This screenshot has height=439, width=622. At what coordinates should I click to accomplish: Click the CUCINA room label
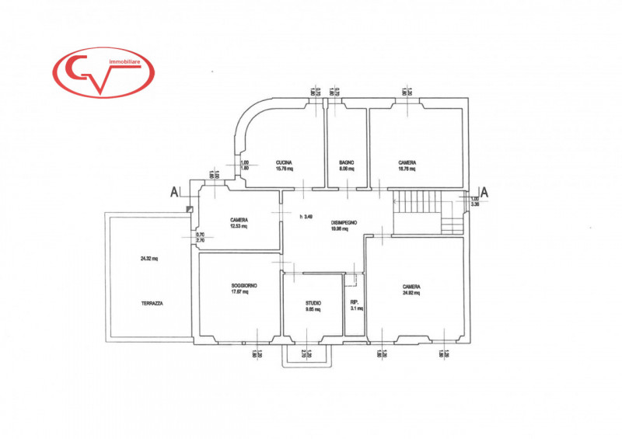pos(283,162)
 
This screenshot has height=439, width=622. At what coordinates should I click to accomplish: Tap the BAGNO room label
pos(347,162)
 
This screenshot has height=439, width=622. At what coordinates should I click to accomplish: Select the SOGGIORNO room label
pos(244,285)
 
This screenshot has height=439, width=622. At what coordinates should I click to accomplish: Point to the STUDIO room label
pos(313,303)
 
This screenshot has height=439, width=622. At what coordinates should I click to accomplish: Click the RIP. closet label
pos(354,303)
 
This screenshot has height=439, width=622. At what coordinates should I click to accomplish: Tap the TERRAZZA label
pos(152,303)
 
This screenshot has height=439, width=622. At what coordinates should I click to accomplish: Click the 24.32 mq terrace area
pos(149,259)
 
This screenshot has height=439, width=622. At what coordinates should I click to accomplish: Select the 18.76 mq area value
pos(407,169)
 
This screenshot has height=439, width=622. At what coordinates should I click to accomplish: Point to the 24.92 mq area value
pos(411,293)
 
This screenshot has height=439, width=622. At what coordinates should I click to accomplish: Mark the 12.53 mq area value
pos(239,227)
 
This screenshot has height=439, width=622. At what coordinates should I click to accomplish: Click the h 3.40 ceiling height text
pos(307,216)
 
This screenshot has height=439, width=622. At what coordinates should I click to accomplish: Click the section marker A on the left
pos(175,192)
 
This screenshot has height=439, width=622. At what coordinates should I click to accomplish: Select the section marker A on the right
pos(483,191)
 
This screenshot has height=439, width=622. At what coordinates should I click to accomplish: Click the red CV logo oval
pos(103,73)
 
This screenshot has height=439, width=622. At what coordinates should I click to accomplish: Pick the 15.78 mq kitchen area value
pos(284,169)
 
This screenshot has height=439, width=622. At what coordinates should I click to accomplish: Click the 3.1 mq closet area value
pos(354,309)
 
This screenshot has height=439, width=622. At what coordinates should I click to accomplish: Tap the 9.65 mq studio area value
pos(313,309)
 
